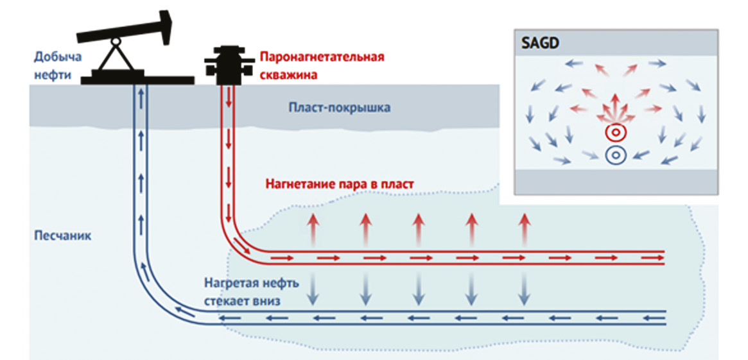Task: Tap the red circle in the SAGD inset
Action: [615, 133]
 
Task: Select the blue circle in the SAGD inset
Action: [615, 155]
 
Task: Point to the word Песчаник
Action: [62, 236]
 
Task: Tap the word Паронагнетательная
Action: [322, 57]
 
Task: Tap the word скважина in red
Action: [286, 74]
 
